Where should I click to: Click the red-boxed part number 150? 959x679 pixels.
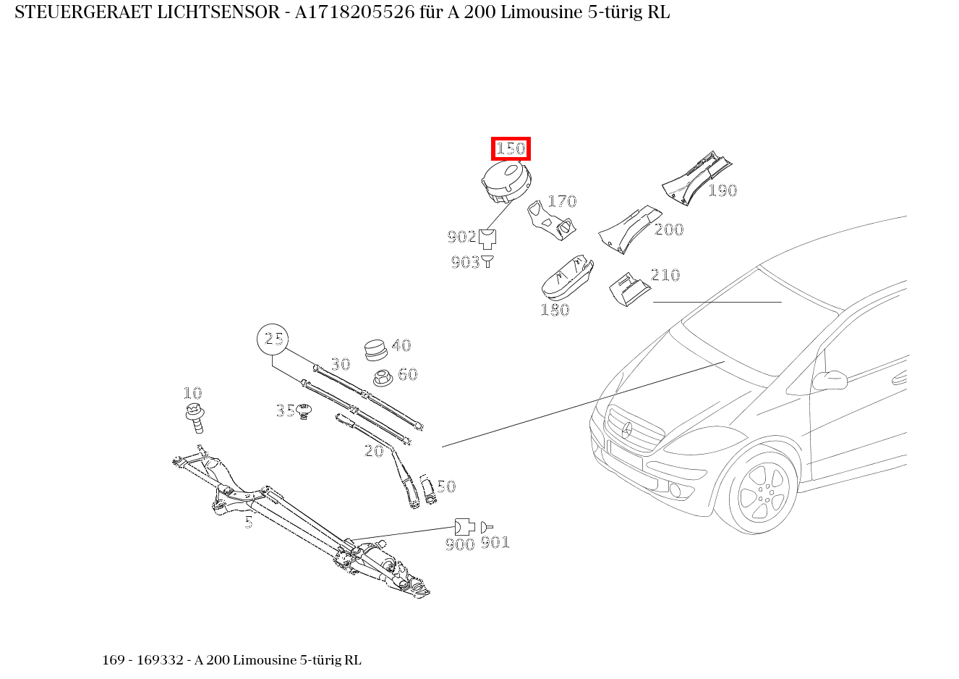[x=511, y=149]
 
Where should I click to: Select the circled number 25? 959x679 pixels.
[x=273, y=339]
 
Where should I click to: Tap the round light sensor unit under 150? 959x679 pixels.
[x=505, y=182]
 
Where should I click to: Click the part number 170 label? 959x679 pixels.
[x=561, y=201]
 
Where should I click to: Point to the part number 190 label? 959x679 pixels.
[x=722, y=190]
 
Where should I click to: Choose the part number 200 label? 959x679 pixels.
[x=669, y=229]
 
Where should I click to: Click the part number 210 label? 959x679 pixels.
[x=665, y=275]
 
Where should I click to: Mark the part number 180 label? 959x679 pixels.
[x=555, y=310]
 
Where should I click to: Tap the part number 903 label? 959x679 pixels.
[x=465, y=263]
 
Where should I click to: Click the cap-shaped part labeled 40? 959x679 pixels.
[x=375, y=349]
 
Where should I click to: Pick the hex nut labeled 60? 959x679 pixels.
[x=383, y=377]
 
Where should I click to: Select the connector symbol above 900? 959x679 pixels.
[x=464, y=526]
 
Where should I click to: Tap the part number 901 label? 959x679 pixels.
[x=495, y=542]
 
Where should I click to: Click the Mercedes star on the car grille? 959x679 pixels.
[x=627, y=430]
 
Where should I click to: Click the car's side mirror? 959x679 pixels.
[x=830, y=379]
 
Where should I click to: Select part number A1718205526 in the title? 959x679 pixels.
[x=354, y=12]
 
